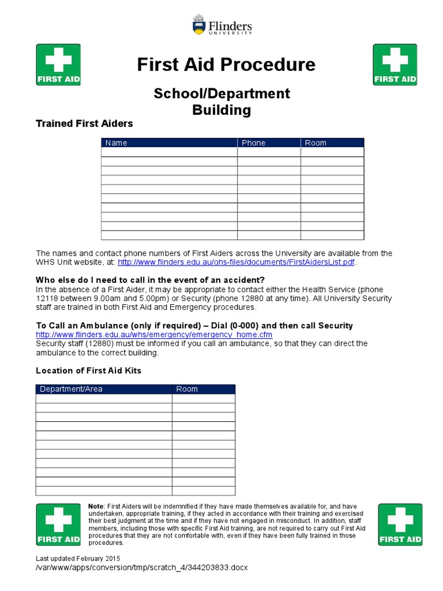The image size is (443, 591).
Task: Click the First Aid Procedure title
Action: click(226, 65)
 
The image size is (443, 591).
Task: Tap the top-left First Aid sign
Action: click(58, 65)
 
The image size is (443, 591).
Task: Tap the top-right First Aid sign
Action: click(395, 65)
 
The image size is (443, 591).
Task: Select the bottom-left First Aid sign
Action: click(58, 525)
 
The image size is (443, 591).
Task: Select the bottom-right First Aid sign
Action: click(400, 525)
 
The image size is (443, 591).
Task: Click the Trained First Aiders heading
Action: click(84, 124)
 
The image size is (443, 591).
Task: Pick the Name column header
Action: click(116, 143)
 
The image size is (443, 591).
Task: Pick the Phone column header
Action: click(253, 143)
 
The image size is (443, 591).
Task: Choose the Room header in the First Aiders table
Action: click(316, 143)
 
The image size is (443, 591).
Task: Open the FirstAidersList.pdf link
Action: click(236, 263)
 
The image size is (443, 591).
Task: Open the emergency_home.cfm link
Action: click(154, 335)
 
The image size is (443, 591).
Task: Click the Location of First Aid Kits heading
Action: click(88, 371)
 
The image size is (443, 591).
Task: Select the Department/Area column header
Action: click(71, 389)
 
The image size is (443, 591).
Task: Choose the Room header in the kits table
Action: click(187, 389)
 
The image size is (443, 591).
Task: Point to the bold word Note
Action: click(96, 506)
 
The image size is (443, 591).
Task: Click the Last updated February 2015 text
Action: click(78, 559)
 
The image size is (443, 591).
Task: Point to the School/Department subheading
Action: click(221, 93)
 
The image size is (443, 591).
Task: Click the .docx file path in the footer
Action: click(141, 568)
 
